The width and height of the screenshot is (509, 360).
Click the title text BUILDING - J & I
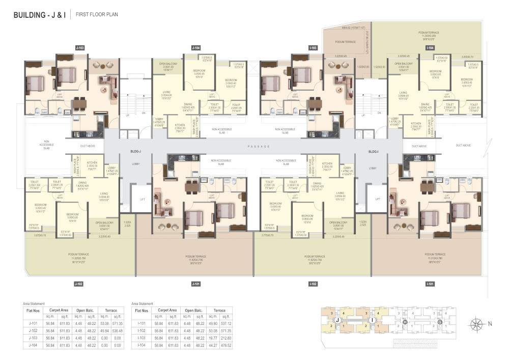coord(39,15)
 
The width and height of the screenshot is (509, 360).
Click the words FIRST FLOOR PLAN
coord(97,15)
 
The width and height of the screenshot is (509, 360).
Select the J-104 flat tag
coord(196,47)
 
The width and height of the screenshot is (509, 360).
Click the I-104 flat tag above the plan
coord(430,47)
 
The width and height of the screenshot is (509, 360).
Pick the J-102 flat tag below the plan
coord(78,283)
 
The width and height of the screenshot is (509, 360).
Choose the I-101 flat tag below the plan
coord(430,283)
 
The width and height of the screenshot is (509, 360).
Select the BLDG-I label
coord(374,152)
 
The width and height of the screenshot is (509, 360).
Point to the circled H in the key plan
coord(405,321)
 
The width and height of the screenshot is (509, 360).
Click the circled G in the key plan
coord(439,321)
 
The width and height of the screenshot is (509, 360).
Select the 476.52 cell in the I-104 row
coord(225,345)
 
